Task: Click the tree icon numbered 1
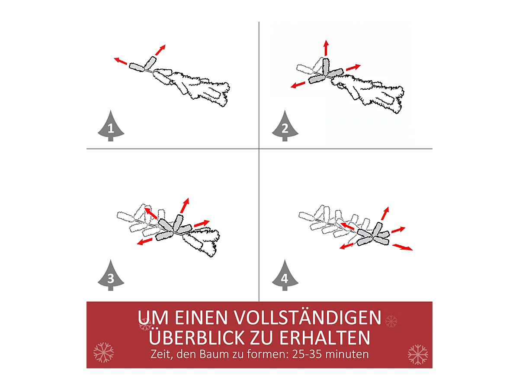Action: pos(111,127)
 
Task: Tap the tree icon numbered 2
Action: pos(285,127)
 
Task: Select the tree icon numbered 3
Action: pos(111,276)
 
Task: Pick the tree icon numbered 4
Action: pos(285,276)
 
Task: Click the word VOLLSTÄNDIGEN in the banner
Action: pos(307,318)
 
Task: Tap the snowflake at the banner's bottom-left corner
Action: pos(103,352)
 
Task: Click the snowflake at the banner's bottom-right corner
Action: pos(417,354)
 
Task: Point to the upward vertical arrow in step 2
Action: pos(326,48)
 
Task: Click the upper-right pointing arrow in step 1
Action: pos(160,49)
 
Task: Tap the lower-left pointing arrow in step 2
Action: pos(298,84)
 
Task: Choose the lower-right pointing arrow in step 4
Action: pos(402,247)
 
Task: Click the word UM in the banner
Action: pos(153,318)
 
